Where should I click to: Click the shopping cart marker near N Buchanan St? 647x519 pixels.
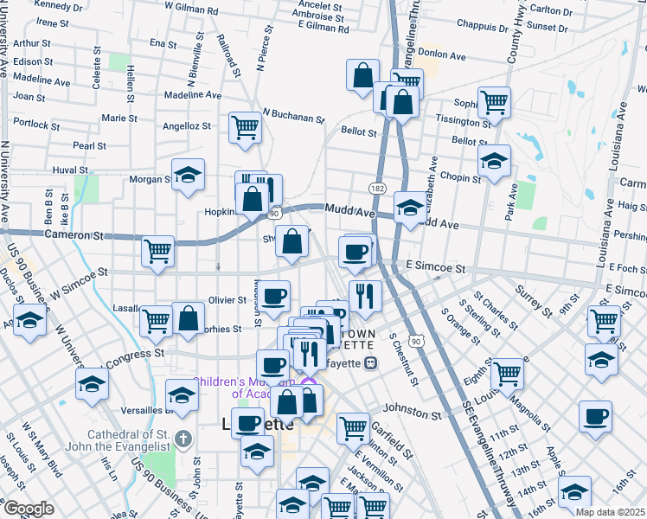point(245,128)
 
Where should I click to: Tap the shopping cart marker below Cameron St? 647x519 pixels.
point(158,252)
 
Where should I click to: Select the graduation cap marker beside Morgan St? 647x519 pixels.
point(188,176)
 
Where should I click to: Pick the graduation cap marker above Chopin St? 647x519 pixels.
point(494,161)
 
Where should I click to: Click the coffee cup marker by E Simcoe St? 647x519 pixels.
point(355,253)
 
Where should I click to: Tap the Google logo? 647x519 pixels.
point(29,509)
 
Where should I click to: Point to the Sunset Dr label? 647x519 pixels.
point(547,28)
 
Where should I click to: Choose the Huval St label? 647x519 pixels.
point(71,170)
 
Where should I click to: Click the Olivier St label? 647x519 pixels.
point(227,299)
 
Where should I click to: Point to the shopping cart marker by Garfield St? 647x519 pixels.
point(353,427)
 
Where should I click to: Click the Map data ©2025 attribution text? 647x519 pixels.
point(610,511)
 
